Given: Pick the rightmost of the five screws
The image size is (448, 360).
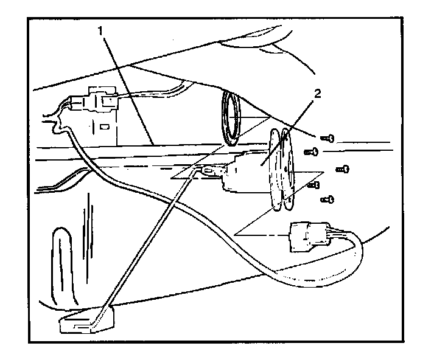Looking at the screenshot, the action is click(343, 167).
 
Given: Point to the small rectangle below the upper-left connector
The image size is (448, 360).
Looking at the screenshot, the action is click(105, 128).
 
